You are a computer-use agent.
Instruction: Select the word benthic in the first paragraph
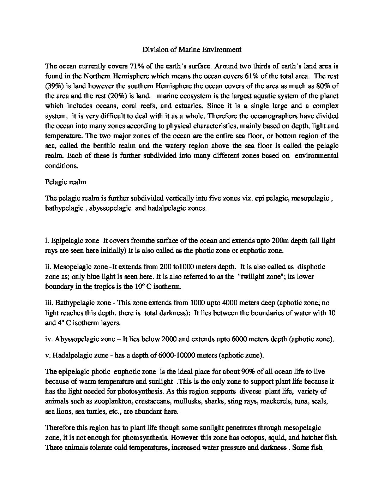click(106, 146)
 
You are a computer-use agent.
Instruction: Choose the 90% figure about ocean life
click(248, 372)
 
